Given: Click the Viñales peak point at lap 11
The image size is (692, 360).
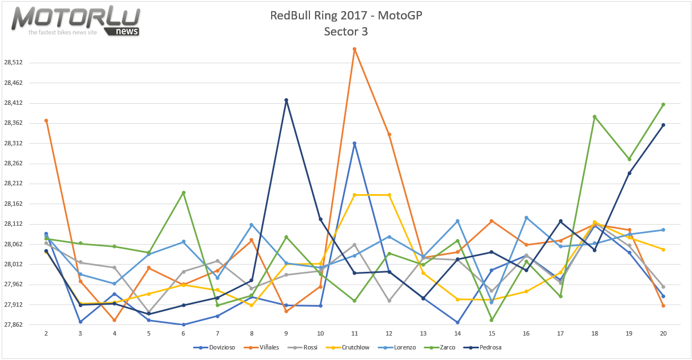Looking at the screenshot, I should click(354, 49).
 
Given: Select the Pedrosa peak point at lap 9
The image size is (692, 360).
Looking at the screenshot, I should click(286, 100).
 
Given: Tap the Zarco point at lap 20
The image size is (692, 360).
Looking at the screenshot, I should click(663, 104).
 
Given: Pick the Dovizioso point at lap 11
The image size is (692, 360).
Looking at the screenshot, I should click(354, 143).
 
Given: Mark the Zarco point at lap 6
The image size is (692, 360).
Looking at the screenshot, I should click(184, 192).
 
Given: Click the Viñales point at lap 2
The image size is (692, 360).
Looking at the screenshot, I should click(46, 120).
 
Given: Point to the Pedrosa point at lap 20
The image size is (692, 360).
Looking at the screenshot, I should click(663, 125).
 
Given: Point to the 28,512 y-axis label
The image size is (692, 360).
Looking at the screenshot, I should click(13, 63).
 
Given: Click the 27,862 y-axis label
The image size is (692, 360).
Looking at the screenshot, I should click(13, 325).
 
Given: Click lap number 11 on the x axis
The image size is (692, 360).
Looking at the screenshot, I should click(354, 334).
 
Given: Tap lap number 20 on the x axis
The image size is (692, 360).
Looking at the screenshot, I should click(663, 334).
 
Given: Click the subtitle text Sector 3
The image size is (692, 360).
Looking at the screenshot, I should click(346, 32).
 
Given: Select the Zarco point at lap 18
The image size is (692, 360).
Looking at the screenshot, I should click(594, 116).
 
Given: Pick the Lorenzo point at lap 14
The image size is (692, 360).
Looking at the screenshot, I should click(457, 221).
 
